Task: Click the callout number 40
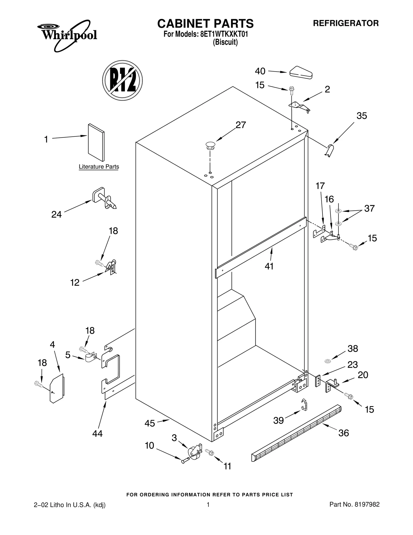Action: click(260, 71)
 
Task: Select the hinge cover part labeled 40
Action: click(301, 73)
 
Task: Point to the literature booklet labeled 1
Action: click(96, 142)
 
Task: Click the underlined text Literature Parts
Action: click(99, 167)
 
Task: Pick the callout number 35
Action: click(362, 116)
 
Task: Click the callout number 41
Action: click(269, 266)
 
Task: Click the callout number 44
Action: click(97, 433)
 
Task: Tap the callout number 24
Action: click(56, 214)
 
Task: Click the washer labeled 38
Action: click(328, 361)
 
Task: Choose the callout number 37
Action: click(369, 208)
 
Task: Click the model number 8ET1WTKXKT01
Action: click(224, 34)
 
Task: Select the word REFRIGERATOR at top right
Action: click(346, 23)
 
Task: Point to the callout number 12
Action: click(75, 283)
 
